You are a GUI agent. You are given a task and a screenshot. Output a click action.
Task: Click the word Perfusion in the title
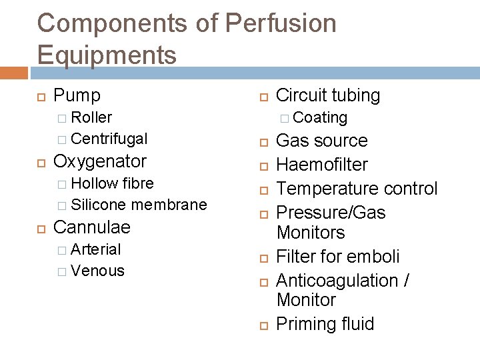[281, 24]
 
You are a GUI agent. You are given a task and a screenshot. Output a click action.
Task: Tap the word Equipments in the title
[107, 55]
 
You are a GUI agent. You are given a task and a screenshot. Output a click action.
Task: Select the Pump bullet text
[77, 95]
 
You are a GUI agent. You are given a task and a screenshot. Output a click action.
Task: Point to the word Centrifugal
[109, 139]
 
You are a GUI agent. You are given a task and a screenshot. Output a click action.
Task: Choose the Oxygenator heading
[99, 161]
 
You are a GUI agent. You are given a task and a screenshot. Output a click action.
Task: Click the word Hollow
[93, 183]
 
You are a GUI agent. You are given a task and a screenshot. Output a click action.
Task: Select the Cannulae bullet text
[91, 227]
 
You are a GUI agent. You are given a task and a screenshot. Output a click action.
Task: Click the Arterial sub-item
[95, 249]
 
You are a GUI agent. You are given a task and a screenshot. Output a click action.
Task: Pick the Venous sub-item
[97, 271]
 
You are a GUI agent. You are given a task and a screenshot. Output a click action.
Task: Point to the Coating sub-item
[320, 118]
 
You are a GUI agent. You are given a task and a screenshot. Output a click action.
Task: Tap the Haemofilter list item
[321, 165]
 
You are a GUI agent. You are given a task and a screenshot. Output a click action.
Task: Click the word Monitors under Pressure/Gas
[310, 233]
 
